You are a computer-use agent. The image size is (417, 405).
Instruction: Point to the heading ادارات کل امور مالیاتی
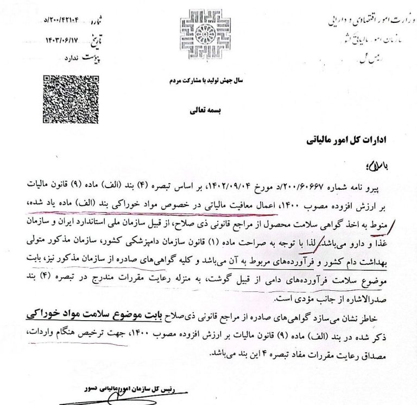click(x=337, y=141)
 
